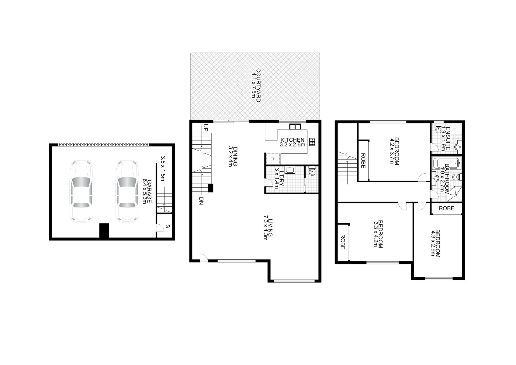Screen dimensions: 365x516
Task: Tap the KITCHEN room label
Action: click(x=292, y=140)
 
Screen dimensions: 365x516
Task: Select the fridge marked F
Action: click(x=273, y=159)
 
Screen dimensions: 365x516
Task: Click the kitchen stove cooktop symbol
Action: click(x=312, y=142)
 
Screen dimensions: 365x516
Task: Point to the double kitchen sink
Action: click(x=295, y=126)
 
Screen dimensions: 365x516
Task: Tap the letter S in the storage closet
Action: click(x=168, y=226)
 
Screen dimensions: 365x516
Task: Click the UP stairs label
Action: click(x=206, y=128)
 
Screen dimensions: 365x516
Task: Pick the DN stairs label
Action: click(x=201, y=201)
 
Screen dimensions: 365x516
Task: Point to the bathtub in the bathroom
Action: click(x=446, y=163)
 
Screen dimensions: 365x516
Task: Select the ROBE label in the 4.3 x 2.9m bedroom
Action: click(x=446, y=208)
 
